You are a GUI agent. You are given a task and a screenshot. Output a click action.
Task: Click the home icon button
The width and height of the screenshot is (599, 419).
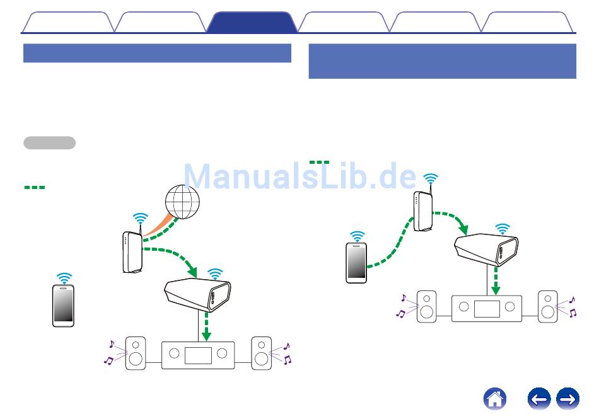495,399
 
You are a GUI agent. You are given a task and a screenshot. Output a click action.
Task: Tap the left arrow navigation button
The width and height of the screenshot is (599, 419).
539,399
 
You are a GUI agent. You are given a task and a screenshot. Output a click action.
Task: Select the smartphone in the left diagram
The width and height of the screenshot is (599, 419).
63,306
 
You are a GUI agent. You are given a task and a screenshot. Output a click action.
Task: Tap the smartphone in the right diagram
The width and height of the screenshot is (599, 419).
357,262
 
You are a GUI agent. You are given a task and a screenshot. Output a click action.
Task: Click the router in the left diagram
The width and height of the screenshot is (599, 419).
132,252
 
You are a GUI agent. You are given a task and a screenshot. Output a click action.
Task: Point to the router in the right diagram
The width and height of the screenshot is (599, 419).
423,211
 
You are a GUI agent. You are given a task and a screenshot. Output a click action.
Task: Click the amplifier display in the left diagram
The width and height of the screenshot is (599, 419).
197,355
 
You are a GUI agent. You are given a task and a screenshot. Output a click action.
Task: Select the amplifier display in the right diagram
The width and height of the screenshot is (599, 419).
487,308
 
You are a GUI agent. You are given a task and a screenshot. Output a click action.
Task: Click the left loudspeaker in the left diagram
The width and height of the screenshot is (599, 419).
136,353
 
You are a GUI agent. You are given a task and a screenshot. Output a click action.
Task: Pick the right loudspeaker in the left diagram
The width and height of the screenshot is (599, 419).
261,353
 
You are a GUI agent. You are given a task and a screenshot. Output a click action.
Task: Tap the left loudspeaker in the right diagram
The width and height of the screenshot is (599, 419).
426,306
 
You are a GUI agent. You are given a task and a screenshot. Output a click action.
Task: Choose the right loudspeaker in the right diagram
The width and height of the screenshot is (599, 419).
548,306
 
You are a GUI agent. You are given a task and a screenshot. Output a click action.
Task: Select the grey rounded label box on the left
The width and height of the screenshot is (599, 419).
49,142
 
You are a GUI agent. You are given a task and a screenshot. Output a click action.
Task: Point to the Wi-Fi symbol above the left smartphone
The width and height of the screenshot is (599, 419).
64,278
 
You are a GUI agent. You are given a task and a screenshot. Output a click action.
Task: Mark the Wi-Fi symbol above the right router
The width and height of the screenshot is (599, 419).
431,180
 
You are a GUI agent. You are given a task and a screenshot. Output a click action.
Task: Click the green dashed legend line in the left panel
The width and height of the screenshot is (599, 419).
35,187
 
